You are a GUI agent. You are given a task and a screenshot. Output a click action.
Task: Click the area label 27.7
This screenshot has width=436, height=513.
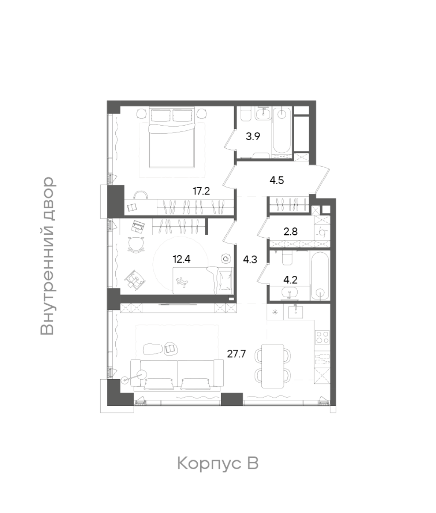pyautogui.click(x=236, y=354)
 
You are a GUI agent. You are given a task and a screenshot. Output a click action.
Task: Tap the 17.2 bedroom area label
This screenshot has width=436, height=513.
pyautogui.click(x=201, y=191)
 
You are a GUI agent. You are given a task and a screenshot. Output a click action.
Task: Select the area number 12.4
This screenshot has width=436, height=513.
pyautogui.click(x=181, y=259)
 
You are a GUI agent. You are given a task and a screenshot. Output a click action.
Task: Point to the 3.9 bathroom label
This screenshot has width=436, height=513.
pyautogui.click(x=253, y=136)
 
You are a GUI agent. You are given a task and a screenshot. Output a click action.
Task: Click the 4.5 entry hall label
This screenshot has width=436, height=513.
pyautogui.click(x=277, y=180)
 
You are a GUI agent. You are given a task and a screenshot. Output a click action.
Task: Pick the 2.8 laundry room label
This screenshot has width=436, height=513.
pyautogui.click(x=290, y=232)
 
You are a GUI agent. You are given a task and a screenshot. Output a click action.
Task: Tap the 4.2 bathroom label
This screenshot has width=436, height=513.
pyautogui.click(x=290, y=280)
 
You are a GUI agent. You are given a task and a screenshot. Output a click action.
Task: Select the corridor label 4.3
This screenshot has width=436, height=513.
pyautogui.click(x=250, y=260)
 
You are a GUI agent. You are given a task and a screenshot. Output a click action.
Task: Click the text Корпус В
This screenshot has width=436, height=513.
pyautogui.click(x=218, y=463)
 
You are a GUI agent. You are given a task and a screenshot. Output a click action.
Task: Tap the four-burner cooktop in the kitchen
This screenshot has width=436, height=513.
pyautogui.click(x=322, y=337)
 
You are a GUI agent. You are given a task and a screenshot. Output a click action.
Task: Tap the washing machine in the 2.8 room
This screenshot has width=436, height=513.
pyautogui.click(x=322, y=232)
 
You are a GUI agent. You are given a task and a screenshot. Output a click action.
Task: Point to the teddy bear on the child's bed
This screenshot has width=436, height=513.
pyautogui.click(x=182, y=282)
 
